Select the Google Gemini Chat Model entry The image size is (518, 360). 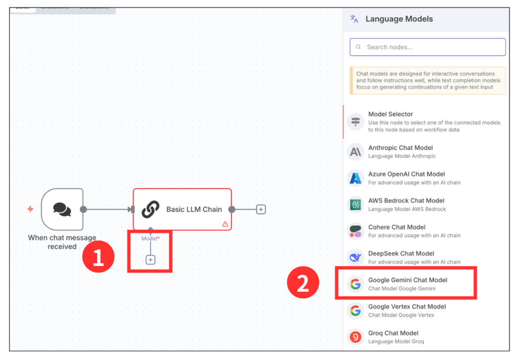pyautogui.click(x=407, y=284)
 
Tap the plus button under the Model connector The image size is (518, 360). pyautogui.click(x=150, y=260)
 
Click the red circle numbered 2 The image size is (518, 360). pyautogui.click(x=303, y=284)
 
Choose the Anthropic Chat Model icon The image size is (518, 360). pyautogui.click(x=356, y=152)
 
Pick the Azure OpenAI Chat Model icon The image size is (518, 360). pyautogui.click(x=356, y=178)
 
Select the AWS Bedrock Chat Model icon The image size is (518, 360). pyautogui.click(x=356, y=205)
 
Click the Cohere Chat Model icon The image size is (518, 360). pyautogui.click(x=356, y=231)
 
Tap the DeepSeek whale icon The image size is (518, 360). pyautogui.click(x=356, y=257)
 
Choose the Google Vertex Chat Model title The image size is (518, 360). pyautogui.click(x=407, y=306)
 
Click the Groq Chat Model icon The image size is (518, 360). pyautogui.click(x=356, y=337)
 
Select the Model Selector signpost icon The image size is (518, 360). pyautogui.click(x=356, y=122)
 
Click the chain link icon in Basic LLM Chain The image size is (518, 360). pyautogui.click(x=150, y=209)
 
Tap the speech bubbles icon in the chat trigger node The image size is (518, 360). pyautogui.click(x=62, y=209)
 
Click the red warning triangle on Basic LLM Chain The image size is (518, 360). pyautogui.click(x=225, y=224)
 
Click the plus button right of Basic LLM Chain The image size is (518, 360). pyautogui.click(x=261, y=209)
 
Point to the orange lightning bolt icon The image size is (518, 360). pyautogui.click(x=30, y=209)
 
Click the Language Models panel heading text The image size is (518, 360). pyautogui.click(x=399, y=19)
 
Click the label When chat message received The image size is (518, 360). pyautogui.click(x=62, y=242)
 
